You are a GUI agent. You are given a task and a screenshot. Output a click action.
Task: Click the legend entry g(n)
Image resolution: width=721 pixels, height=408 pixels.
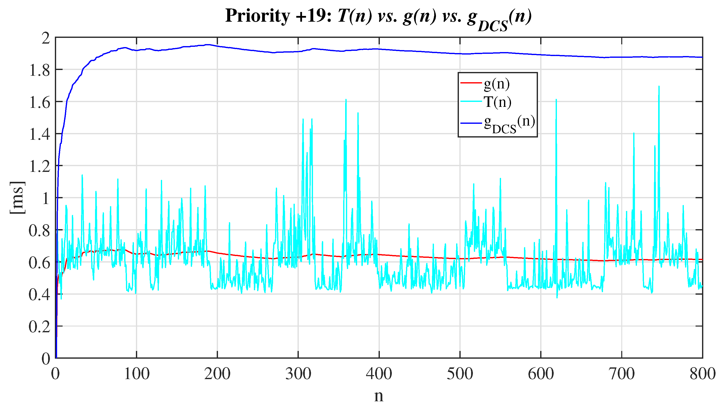(496, 83)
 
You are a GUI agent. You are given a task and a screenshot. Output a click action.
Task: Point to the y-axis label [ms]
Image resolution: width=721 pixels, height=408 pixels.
(17, 198)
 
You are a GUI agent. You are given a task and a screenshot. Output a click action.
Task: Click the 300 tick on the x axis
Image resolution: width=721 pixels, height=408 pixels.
(298, 374)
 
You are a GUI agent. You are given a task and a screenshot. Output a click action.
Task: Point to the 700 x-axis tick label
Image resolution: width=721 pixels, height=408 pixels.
(621, 374)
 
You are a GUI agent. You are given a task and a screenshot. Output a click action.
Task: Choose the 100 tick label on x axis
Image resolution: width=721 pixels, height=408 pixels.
(136, 374)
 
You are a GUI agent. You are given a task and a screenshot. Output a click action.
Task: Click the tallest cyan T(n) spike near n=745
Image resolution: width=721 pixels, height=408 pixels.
(658, 87)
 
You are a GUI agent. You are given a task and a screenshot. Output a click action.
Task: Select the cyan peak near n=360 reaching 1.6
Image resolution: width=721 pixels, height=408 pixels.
(346, 100)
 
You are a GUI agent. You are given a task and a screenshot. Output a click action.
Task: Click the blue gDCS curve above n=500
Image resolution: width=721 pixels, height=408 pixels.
(460, 54)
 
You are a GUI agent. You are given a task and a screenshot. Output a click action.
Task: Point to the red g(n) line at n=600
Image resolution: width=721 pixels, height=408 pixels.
(541, 258)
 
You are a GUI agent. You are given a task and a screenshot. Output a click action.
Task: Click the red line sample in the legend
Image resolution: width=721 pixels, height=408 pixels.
(470, 83)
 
